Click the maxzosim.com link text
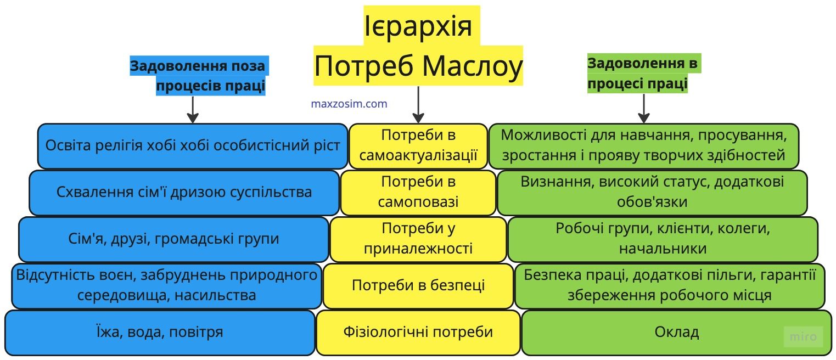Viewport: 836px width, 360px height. coord(349,104)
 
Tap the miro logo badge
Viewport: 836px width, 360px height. coord(803,336)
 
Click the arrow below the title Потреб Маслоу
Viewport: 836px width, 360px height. coord(418,104)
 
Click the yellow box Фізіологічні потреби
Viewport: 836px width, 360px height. coord(418,332)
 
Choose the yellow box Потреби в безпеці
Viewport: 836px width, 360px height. coord(418,285)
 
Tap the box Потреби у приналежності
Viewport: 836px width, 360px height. coord(418,239)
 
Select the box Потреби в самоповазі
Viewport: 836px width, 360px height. coord(418,192)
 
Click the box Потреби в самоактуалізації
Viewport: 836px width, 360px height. coord(418,145)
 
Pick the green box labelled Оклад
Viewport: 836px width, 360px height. coord(676,332)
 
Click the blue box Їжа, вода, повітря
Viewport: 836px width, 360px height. coord(160,332)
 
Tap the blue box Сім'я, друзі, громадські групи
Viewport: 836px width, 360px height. coord(173,239)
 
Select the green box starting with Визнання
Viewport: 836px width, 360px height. coord(652,192)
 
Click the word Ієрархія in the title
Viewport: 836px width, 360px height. coord(418,25)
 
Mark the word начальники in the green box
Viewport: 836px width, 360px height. coord(663,249)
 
